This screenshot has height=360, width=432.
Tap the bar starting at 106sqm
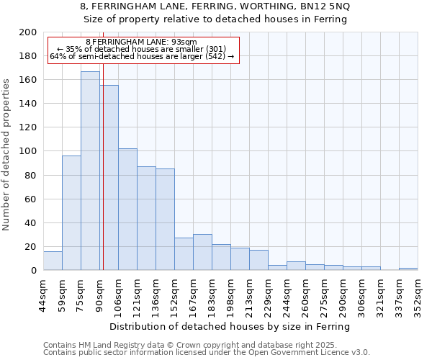127,209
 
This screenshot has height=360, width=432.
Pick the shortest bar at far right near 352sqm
408,269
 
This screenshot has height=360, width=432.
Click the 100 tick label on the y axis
28,151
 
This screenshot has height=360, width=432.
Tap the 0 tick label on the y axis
34,271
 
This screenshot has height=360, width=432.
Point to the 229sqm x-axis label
269,294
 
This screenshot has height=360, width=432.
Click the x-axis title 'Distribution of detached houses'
230,326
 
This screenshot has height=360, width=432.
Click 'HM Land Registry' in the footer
112,345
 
